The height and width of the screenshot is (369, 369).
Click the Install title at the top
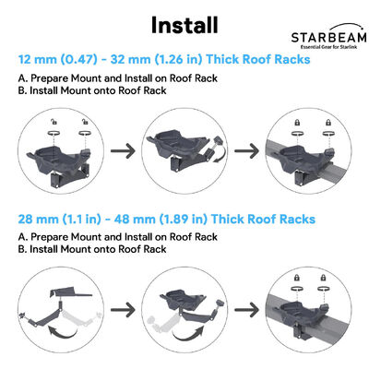point(184,22)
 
